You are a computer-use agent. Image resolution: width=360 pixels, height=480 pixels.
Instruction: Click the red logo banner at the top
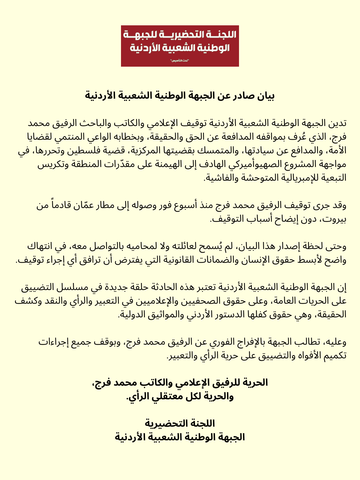pyautogui.click(x=180, y=46)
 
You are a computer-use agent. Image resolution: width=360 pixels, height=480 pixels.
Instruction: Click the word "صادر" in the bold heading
pyautogui.click(x=243, y=96)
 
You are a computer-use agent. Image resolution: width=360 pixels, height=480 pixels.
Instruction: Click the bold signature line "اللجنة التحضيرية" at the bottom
pyautogui.click(x=180, y=424)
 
